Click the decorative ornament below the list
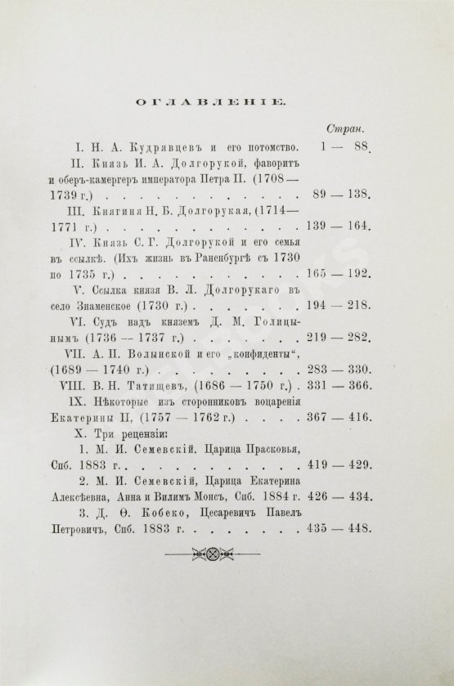(227, 554)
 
